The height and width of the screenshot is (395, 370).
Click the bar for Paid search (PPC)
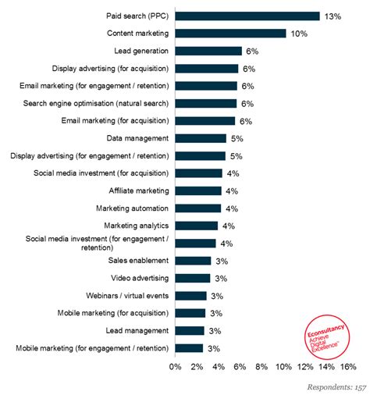pyautogui.click(x=247, y=16)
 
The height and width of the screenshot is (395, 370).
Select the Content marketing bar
pyautogui.click(x=231, y=33)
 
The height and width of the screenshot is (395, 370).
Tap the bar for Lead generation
pyautogui.click(x=208, y=51)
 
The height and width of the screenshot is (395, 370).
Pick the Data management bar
pyautogui.click(x=201, y=138)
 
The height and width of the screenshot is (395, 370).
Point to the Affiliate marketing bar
pyautogui.click(x=198, y=190)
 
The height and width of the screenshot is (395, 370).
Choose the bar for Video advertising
pyautogui.click(x=193, y=278)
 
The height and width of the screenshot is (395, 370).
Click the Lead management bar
pyautogui.click(x=190, y=330)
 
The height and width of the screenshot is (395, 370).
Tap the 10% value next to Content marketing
pyautogui.click(x=300, y=33)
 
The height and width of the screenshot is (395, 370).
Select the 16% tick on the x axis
pyautogui.click(x=347, y=366)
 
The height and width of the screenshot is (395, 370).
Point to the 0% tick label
pyautogui.click(x=175, y=366)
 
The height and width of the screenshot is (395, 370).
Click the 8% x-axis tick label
pyautogui.click(x=261, y=366)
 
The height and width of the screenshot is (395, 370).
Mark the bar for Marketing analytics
pyautogui.click(x=196, y=226)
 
